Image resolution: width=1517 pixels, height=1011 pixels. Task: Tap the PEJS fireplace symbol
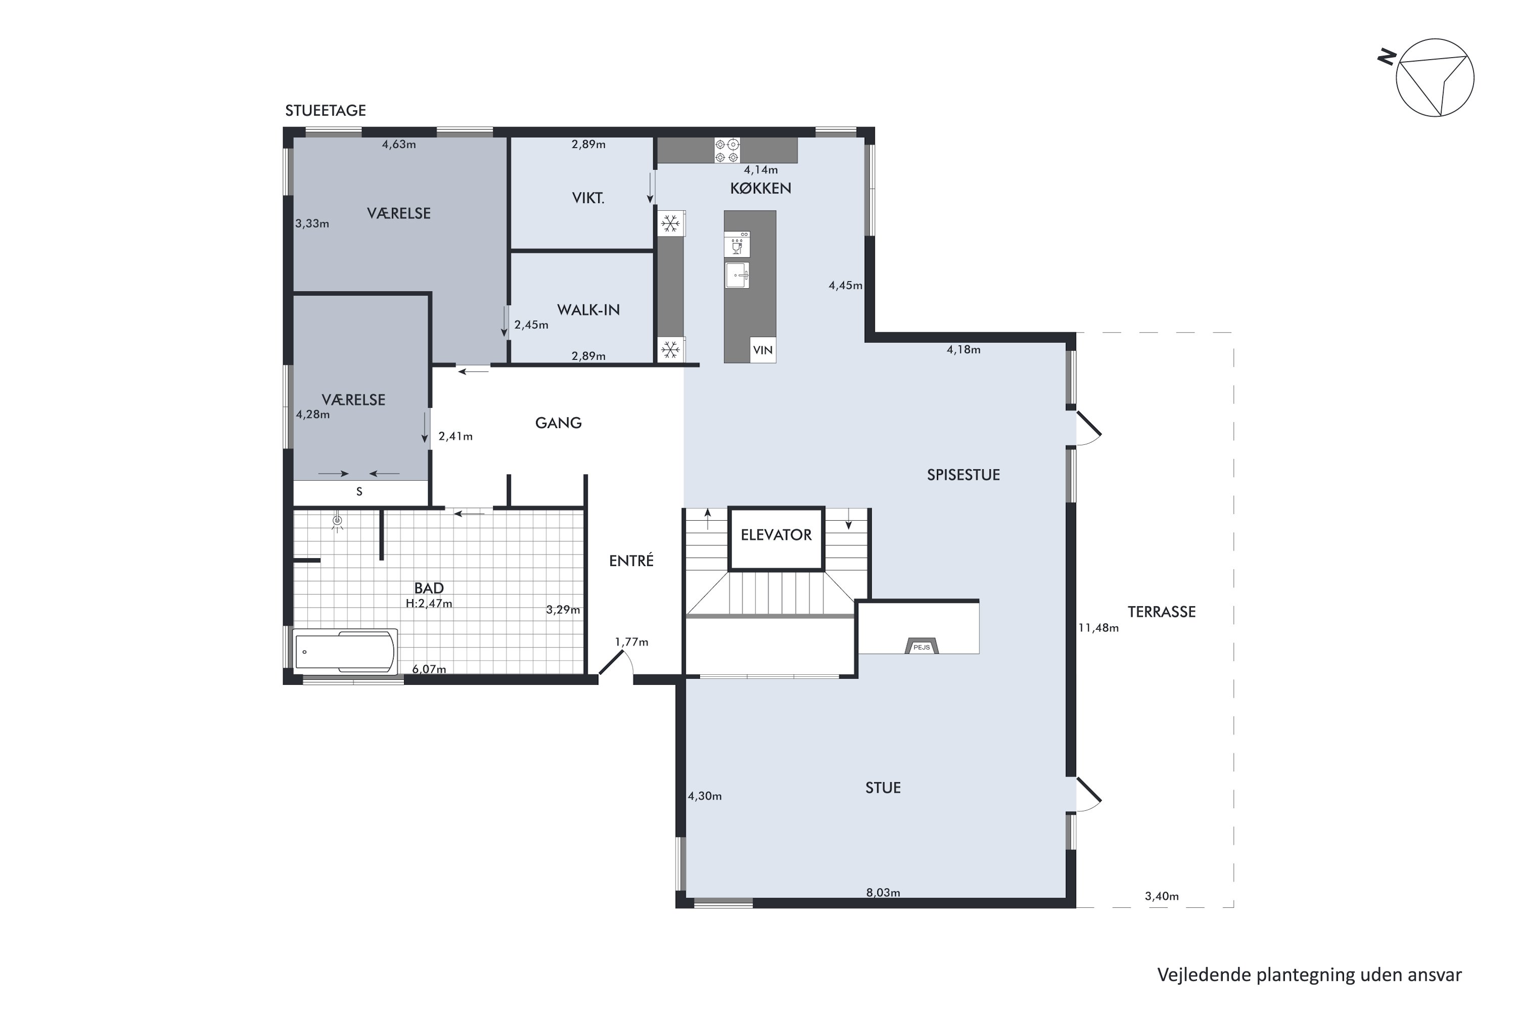[x=922, y=646]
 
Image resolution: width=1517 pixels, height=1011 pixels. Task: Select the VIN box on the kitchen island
[x=763, y=350]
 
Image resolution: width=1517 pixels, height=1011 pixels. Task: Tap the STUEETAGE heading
[x=325, y=110]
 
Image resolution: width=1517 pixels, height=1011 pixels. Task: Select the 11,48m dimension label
[x=1098, y=627]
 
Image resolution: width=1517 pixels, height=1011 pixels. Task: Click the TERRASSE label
[x=1161, y=612]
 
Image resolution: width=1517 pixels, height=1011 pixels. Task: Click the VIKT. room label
[x=588, y=198]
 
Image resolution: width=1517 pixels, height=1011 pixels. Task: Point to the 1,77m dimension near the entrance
[x=632, y=641]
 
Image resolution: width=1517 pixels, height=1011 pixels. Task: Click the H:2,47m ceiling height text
[x=429, y=604]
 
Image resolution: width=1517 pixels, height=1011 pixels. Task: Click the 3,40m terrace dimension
[x=1162, y=896]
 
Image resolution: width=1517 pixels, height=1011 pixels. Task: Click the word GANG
[x=559, y=423]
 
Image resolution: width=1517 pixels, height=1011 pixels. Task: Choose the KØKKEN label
[x=761, y=188]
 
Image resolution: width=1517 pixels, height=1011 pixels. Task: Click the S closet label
[x=359, y=491]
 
